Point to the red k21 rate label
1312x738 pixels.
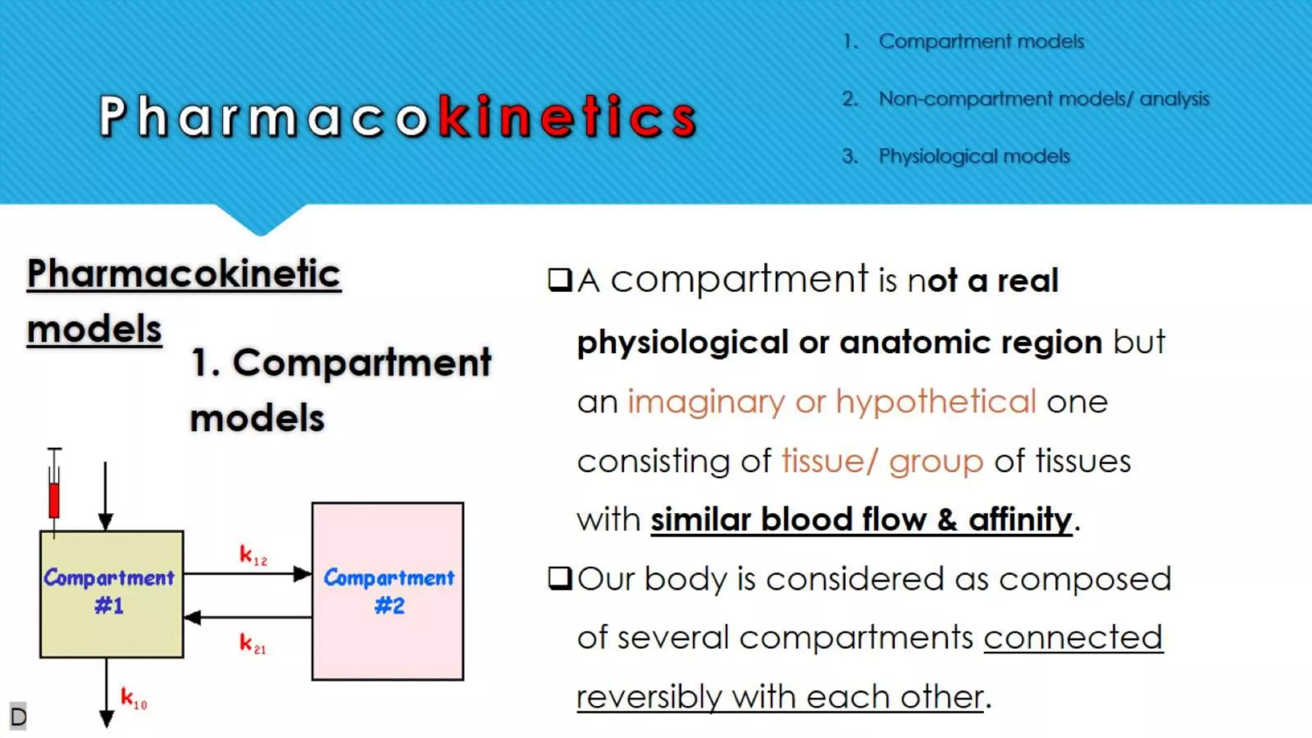tap(252, 643)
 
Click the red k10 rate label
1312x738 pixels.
tap(133, 698)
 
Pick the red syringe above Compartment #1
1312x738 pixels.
tap(54, 493)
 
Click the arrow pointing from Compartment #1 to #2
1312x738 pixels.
tap(247, 573)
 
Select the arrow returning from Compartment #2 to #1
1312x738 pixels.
tap(247, 618)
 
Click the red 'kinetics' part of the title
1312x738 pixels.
tap(568, 116)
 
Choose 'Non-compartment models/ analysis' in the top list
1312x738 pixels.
tap(1044, 99)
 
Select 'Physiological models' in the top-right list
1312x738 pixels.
tap(974, 156)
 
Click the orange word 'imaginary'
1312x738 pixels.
tap(705, 402)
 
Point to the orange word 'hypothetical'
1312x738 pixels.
tap(935, 402)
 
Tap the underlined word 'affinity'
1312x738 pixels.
tap(1020, 519)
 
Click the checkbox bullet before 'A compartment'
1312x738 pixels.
tap(560, 280)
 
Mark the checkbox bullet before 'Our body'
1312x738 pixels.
tap(560, 578)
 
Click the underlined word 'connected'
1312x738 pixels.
tap(1073, 637)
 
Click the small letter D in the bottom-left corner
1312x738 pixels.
tap(18, 716)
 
